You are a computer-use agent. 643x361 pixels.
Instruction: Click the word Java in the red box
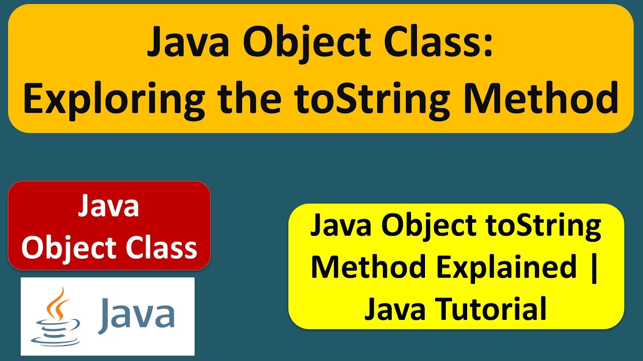(109, 207)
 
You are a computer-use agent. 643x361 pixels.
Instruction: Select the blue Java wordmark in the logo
(137, 315)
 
